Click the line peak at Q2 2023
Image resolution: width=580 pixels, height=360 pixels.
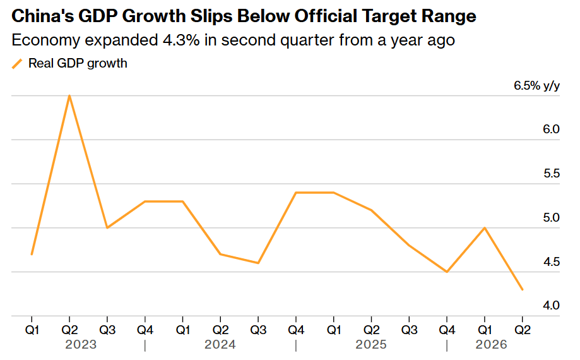tap(69, 96)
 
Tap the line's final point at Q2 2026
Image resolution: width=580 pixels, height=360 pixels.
tap(523, 290)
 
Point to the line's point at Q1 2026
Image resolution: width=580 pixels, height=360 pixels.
tap(485, 228)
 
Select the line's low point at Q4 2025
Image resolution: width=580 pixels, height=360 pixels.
tap(447, 272)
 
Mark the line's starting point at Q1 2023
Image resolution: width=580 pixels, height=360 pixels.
tap(32, 254)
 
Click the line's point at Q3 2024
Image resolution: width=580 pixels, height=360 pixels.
tap(258, 263)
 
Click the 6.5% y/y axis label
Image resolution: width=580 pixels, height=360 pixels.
tap(536, 86)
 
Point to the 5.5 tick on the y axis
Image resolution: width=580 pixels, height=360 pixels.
tap(552, 174)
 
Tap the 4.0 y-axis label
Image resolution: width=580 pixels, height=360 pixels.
tap(552, 306)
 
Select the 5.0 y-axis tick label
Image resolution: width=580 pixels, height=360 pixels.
tap(552, 217)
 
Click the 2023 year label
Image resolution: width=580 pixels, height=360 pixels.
tap(81, 345)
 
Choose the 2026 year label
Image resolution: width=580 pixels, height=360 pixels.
tap(491, 345)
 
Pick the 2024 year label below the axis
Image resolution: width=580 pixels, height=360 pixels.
tap(220, 345)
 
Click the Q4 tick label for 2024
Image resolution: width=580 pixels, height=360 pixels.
tap(296, 330)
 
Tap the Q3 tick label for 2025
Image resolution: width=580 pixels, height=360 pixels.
tap(409, 330)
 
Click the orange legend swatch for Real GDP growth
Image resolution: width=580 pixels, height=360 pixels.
tap(17, 64)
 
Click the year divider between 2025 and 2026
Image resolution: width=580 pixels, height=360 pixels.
tap(447, 345)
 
